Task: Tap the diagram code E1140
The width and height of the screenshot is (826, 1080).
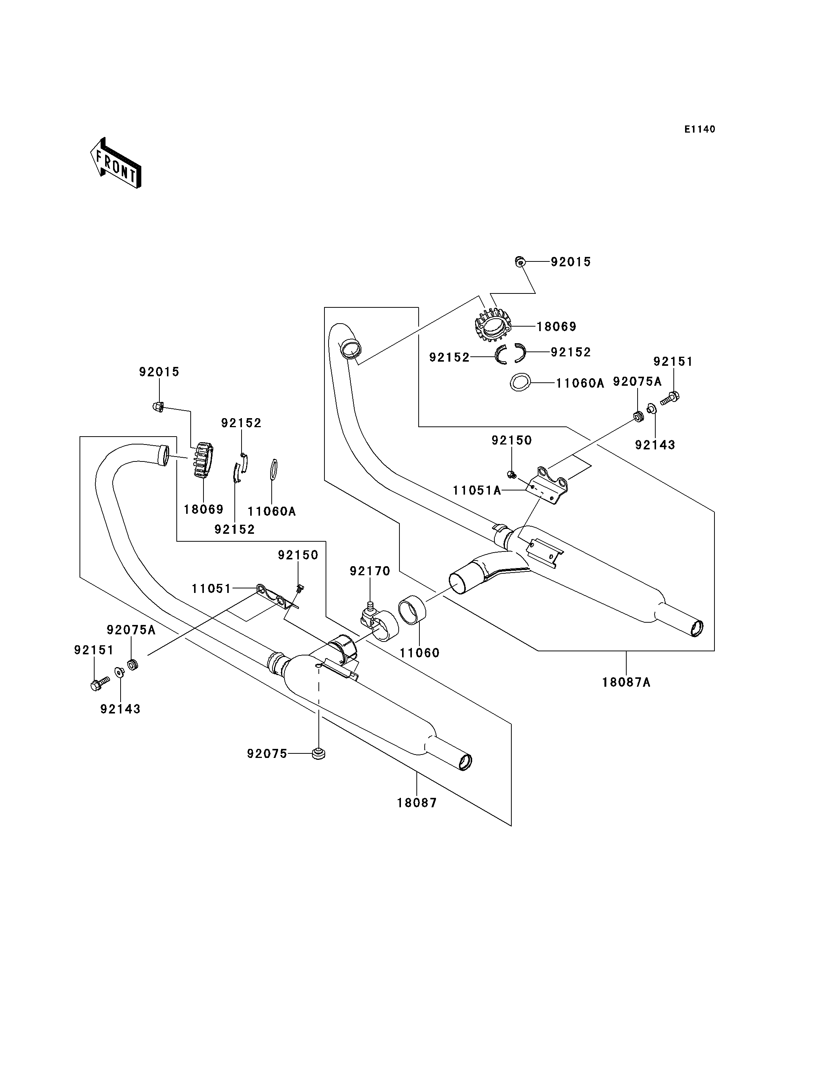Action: pyautogui.click(x=700, y=129)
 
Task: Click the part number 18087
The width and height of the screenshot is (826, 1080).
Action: pyautogui.click(x=417, y=803)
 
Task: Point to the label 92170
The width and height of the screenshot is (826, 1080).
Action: pyautogui.click(x=370, y=571)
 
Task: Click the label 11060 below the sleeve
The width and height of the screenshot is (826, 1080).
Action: pyautogui.click(x=419, y=653)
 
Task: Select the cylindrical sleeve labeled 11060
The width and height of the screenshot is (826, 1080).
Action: pyautogui.click(x=412, y=610)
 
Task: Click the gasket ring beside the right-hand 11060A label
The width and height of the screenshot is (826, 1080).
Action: pyautogui.click(x=520, y=382)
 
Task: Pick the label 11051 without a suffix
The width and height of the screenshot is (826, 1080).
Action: pyautogui.click(x=211, y=588)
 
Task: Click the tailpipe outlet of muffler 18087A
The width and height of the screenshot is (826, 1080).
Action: pyautogui.click(x=697, y=628)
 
